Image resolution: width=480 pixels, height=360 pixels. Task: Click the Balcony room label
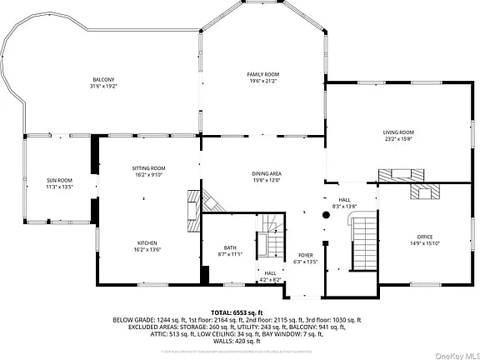pos(103,82)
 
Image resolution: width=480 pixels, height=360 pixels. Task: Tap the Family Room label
pos(262,77)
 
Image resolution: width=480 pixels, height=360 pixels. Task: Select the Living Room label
pos(398,136)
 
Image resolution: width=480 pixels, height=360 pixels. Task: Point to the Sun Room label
pos(59,183)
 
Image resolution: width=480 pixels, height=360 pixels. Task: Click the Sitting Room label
pos(148,171)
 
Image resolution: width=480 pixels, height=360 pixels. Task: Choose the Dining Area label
pos(267,176)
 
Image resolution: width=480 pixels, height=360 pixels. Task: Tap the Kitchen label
pos(147,245)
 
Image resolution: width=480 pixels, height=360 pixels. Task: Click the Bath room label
pos(230,250)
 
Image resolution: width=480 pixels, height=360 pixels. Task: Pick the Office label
pos(424,241)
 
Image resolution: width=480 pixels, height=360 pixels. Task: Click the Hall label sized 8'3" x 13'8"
pos(344,202)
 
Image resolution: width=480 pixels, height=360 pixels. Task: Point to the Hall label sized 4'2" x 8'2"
pos(270,276)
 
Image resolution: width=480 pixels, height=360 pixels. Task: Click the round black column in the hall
pos(326,214)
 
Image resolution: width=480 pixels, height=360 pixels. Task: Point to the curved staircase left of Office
pos(362,242)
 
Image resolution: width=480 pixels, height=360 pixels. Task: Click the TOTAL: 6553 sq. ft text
pos(240,312)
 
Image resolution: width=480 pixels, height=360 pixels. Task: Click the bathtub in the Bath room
pos(264,242)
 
